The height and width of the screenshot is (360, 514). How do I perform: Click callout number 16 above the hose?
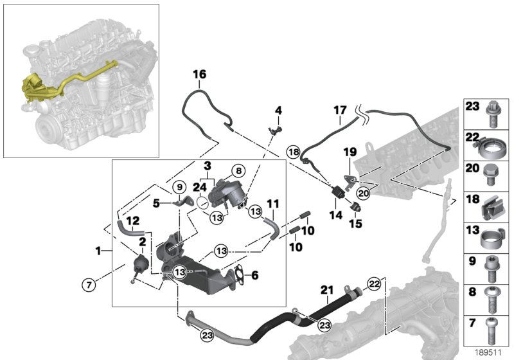pos(200,75)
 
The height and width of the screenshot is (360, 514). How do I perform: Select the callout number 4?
pos(278,111)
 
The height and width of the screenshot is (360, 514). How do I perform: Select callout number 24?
pos(200,188)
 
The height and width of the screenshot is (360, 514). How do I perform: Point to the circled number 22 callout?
pos(374,282)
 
